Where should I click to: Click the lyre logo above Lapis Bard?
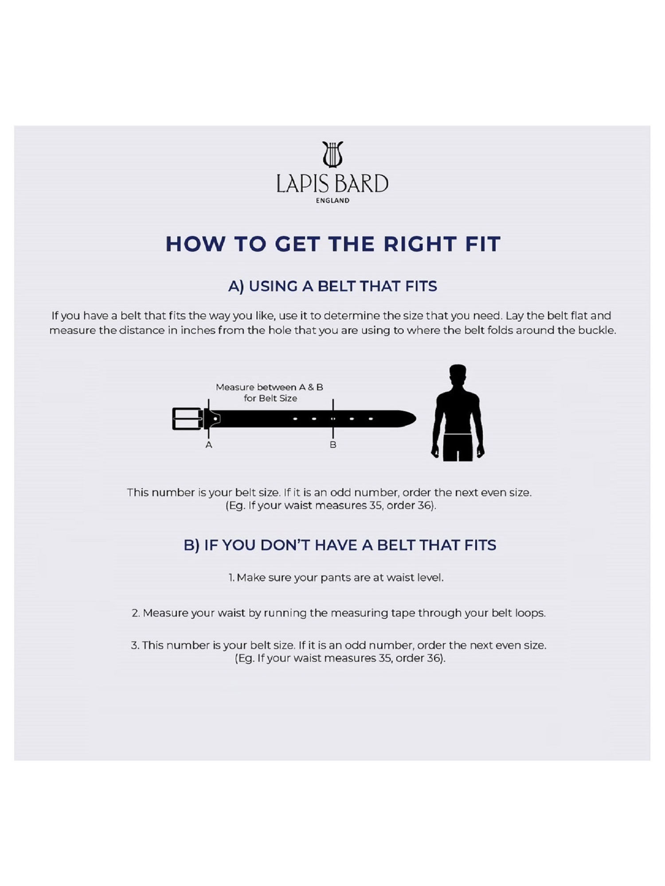[x=332, y=154]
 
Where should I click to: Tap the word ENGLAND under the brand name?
[x=332, y=201]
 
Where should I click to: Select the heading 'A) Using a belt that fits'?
[x=332, y=287]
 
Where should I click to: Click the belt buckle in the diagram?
[x=188, y=419]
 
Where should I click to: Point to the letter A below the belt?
[x=209, y=445]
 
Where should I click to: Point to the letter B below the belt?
[x=333, y=445]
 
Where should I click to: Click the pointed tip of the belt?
[x=416, y=419]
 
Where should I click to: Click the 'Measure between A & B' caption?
[x=270, y=387]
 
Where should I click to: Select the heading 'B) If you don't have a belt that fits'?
[x=340, y=545]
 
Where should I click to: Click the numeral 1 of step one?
[x=231, y=578]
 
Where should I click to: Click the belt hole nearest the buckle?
[x=215, y=419]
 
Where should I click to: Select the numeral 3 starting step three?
[x=134, y=645]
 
